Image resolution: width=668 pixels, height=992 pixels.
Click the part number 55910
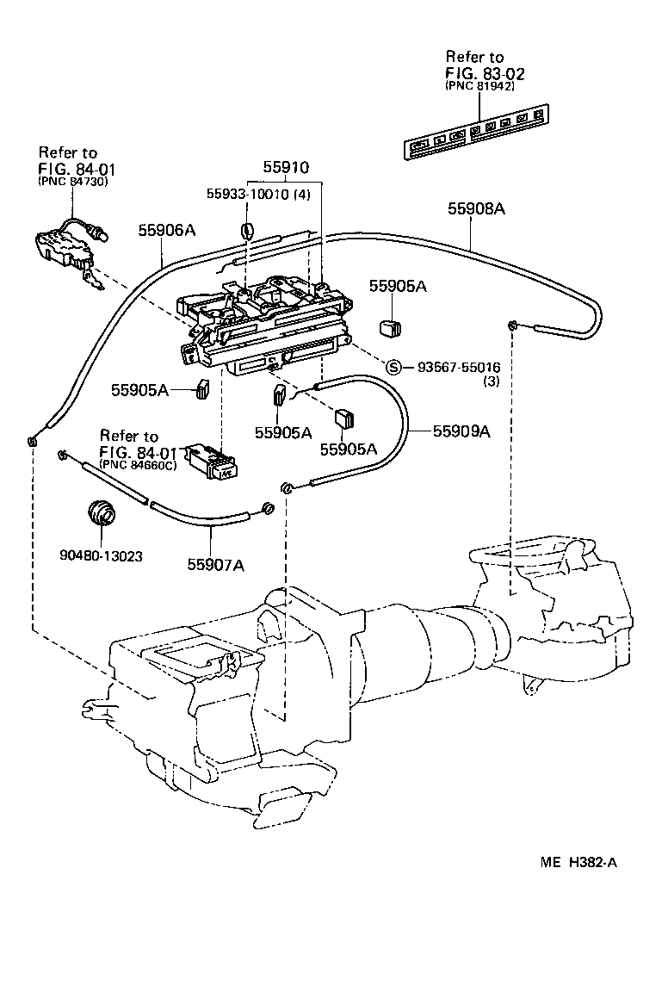(285, 168)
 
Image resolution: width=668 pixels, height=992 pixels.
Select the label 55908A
(476, 208)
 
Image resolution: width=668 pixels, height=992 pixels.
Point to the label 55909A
(461, 431)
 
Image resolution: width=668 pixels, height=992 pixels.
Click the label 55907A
(216, 565)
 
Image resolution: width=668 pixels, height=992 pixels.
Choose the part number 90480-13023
(102, 556)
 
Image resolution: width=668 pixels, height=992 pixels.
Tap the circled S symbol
(393, 368)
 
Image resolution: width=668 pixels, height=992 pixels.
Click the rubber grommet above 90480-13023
(103, 514)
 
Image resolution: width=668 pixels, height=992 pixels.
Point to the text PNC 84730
(73, 182)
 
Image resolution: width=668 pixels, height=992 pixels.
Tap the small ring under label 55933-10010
(246, 230)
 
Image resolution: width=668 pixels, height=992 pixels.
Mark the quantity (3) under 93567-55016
(491, 381)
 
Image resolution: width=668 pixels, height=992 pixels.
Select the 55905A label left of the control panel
(139, 390)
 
